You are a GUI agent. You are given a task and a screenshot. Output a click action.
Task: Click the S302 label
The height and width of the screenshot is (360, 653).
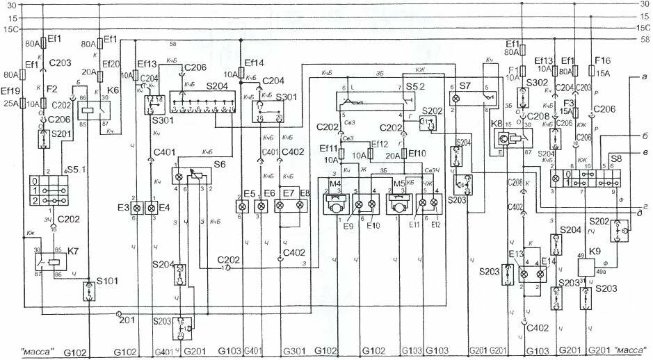(537, 83)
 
